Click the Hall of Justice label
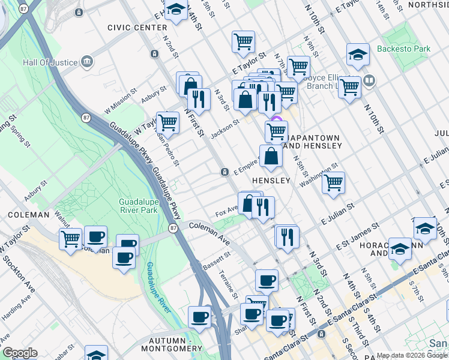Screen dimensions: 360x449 point(50,62)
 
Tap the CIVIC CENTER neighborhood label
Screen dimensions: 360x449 point(137,28)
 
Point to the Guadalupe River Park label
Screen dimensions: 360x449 point(138,206)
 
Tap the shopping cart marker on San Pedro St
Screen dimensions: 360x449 point(168,122)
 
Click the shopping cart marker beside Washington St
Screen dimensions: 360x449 point(333,182)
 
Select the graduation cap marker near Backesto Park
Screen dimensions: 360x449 point(357,55)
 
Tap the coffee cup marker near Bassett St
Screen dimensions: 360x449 point(267,280)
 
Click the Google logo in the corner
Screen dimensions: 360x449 point(20,353)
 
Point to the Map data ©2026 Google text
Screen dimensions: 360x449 point(411,355)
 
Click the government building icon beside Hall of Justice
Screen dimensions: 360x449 point(88,62)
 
